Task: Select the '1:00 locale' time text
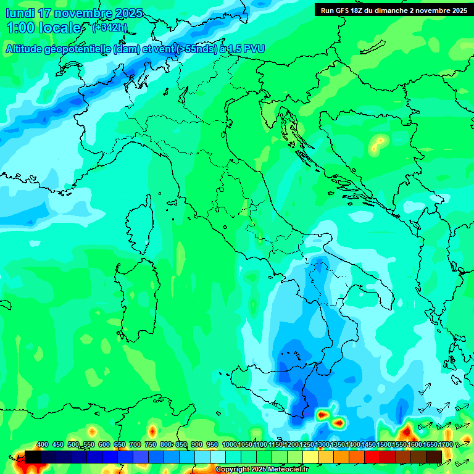click(43, 28)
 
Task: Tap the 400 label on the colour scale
click(43, 444)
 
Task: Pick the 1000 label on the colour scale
click(229, 444)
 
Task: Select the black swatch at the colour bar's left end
click(33, 457)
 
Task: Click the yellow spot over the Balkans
click(376, 146)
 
